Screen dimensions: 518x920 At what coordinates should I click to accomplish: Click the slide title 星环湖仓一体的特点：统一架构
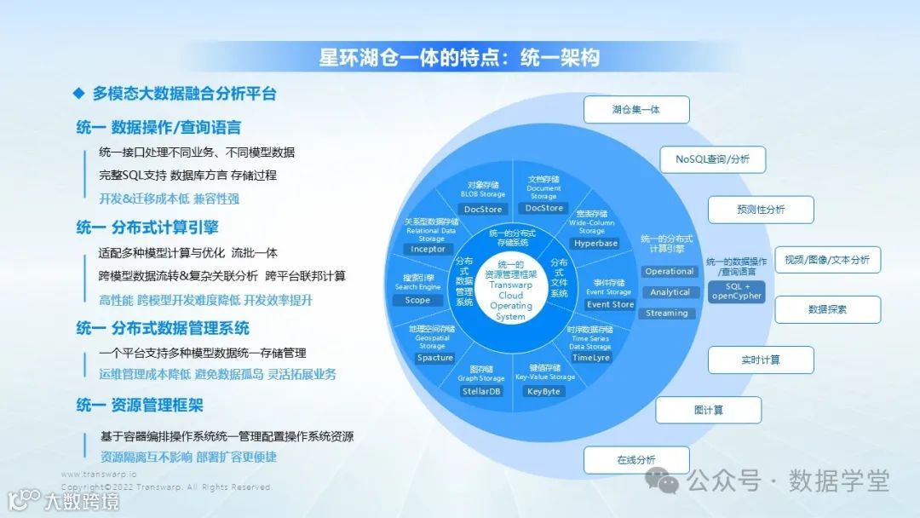point(459,57)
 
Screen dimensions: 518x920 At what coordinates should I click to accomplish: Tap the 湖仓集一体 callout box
point(635,110)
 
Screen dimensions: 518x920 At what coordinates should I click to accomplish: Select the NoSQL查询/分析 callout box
point(712,159)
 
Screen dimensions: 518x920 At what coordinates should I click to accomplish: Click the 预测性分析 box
point(761,210)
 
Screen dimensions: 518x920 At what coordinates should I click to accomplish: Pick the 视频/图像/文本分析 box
point(826,260)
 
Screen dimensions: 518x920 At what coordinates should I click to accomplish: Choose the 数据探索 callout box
point(826,309)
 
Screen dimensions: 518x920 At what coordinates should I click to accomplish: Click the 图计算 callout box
point(708,410)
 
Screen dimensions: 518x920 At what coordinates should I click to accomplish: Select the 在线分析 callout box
point(635,460)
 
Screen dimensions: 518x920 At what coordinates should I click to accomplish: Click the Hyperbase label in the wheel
point(595,244)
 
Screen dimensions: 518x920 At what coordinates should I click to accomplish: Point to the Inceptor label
point(428,250)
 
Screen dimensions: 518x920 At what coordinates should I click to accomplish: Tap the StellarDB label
point(481,391)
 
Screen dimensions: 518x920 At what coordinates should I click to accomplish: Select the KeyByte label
point(543,391)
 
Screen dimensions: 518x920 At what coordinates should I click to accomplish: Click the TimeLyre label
point(590,358)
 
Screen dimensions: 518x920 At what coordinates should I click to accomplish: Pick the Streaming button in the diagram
point(667,313)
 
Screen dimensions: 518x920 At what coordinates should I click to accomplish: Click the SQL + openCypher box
point(736,291)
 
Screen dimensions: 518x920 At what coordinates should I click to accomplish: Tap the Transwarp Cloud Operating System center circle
point(511,290)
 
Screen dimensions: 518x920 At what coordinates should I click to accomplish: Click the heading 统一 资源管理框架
point(140,406)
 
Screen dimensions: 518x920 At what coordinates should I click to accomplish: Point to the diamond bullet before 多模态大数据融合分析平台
point(78,93)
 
